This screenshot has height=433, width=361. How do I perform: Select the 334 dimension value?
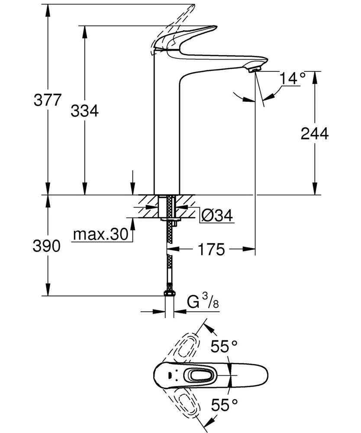(85, 111)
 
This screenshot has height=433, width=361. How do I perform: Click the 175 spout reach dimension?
(211, 249)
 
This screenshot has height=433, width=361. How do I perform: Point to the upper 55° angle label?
(224, 346)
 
